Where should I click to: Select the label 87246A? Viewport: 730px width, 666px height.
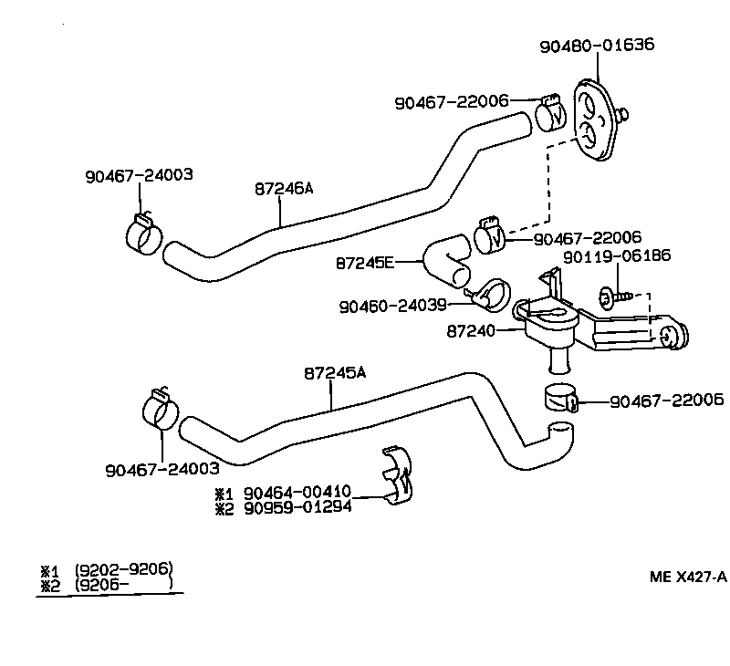pyautogui.click(x=284, y=189)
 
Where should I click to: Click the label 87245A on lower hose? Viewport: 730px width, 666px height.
pyautogui.click(x=334, y=373)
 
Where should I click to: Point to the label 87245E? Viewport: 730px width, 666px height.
pyautogui.click(x=365, y=263)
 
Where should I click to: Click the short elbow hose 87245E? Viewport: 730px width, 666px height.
pyautogui.click(x=447, y=259)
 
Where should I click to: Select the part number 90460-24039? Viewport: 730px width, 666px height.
pyautogui.click(x=408, y=307)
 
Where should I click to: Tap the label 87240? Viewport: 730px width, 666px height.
pyautogui.click(x=471, y=331)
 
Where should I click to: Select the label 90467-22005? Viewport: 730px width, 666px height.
pyautogui.click(x=667, y=400)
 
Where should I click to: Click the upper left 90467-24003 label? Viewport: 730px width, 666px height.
pyautogui.click(x=139, y=174)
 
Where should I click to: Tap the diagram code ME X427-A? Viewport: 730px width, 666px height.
pyautogui.click(x=688, y=576)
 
